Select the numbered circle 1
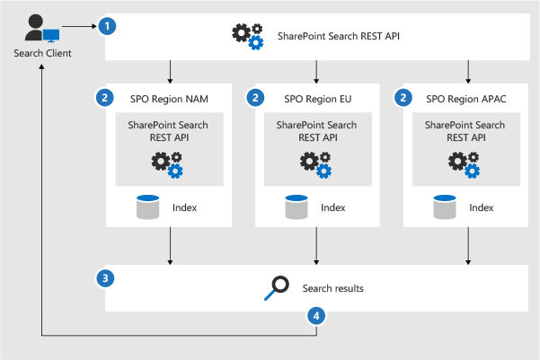[108, 26]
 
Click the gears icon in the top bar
[248, 35]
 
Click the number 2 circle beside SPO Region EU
[257, 97]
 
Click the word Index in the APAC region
[481, 208]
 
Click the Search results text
[333, 288]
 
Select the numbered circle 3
[108, 277]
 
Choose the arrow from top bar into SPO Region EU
[316, 72]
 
